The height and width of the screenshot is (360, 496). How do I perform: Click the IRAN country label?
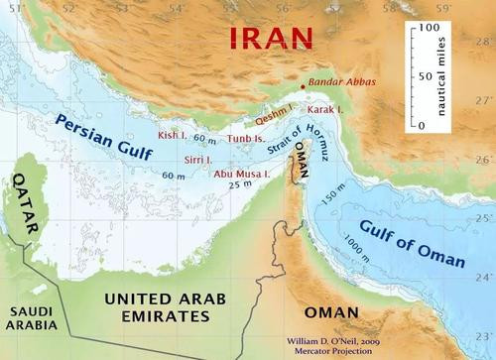pos(271,39)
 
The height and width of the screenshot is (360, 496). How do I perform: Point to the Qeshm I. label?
pos(277,113)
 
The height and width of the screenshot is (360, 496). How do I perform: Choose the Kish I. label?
pos(172,133)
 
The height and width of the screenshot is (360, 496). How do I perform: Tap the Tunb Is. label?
pos(246,139)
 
